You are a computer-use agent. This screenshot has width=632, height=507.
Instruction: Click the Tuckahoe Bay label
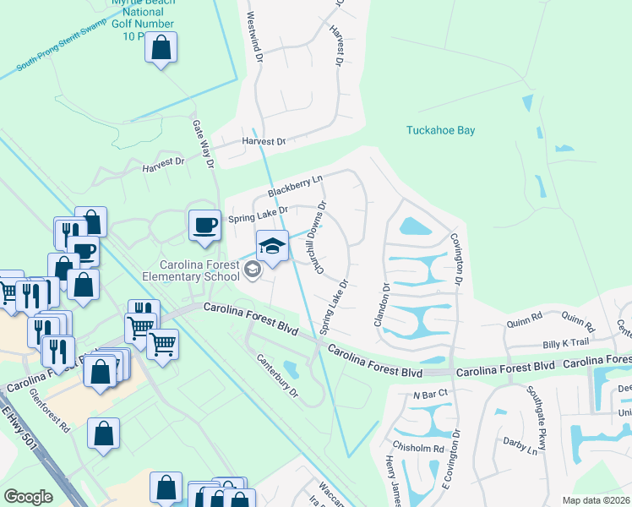(440, 130)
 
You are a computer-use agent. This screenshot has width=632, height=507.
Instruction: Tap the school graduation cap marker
(272, 246)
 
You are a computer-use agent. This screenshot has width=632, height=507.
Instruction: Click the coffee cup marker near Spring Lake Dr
(204, 226)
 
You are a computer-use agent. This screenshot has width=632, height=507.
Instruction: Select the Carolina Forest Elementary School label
(191, 270)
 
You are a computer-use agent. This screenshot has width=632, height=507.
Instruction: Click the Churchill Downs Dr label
(320, 237)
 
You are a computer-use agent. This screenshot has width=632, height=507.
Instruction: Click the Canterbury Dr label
(278, 375)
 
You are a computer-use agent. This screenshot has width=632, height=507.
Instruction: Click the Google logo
(29, 496)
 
